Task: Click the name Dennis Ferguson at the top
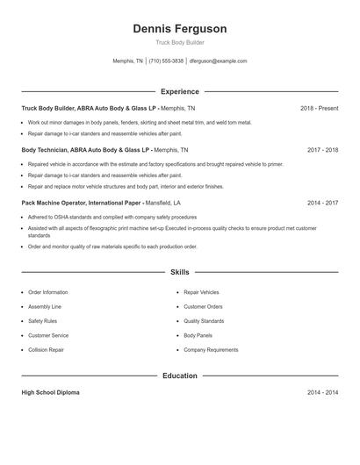point(179,29)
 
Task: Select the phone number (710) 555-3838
point(166,61)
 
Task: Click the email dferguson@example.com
point(218,61)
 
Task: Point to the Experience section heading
point(179,91)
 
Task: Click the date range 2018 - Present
point(319,108)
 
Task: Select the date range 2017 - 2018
point(322,150)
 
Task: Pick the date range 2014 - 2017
point(322,202)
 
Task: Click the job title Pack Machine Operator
point(52,202)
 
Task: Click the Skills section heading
point(179,273)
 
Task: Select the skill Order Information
point(47,292)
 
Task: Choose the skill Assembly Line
point(45,307)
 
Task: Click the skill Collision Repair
point(46,350)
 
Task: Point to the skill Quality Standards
point(205,321)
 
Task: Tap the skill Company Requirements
point(211,350)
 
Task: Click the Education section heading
point(179,376)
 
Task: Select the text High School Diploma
point(50,392)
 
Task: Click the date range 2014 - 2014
point(322,392)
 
